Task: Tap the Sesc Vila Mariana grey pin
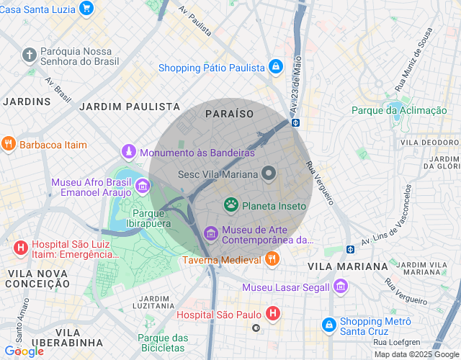point(269,174)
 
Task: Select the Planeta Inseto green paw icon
point(231,205)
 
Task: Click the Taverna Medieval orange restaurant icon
point(272,258)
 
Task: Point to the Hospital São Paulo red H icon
point(272,313)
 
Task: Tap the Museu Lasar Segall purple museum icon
point(341,287)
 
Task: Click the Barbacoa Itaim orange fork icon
point(9,144)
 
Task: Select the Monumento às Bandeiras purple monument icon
point(128,153)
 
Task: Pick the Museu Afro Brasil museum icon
point(143,187)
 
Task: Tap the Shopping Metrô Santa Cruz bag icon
point(328,326)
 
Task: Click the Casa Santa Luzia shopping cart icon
point(86,8)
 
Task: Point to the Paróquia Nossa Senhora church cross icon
point(29,55)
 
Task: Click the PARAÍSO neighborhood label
point(229,114)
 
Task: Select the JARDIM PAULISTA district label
point(130,107)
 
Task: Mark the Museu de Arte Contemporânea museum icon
point(210,233)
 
